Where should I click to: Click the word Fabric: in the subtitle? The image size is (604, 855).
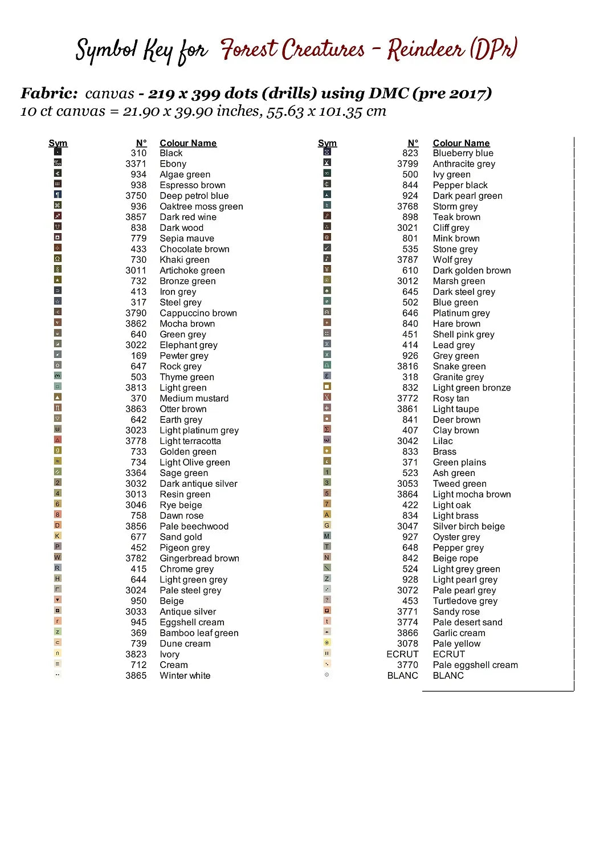click(x=49, y=93)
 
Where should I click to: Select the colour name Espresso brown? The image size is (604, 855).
click(x=193, y=185)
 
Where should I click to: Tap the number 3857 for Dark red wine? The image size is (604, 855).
click(x=136, y=217)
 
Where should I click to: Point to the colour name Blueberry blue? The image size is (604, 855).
click(x=463, y=153)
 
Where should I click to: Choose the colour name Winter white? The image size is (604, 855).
click(x=185, y=676)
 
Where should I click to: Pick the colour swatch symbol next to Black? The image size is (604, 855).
click(x=58, y=152)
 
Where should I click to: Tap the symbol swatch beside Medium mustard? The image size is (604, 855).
click(x=58, y=397)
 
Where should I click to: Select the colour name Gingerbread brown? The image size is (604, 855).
click(x=199, y=559)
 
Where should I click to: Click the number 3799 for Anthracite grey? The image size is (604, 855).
click(x=407, y=164)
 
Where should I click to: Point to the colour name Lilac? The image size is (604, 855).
click(x=443, y=441)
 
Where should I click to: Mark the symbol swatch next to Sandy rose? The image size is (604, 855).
click(x=327, y=610)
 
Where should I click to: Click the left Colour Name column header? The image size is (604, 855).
click(x=188, y=143)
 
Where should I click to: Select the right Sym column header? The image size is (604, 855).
click(x=327, y=143)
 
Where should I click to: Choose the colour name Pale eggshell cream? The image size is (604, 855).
click(x=475, y=665)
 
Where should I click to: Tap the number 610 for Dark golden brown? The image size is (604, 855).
click(x=410, y=271)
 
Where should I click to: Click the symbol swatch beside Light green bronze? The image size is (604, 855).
click(x=327, y=386)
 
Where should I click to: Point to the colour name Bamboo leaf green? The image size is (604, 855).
click(x=199, y=633)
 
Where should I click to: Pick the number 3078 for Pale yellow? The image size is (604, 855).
click(x=407, y=644)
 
